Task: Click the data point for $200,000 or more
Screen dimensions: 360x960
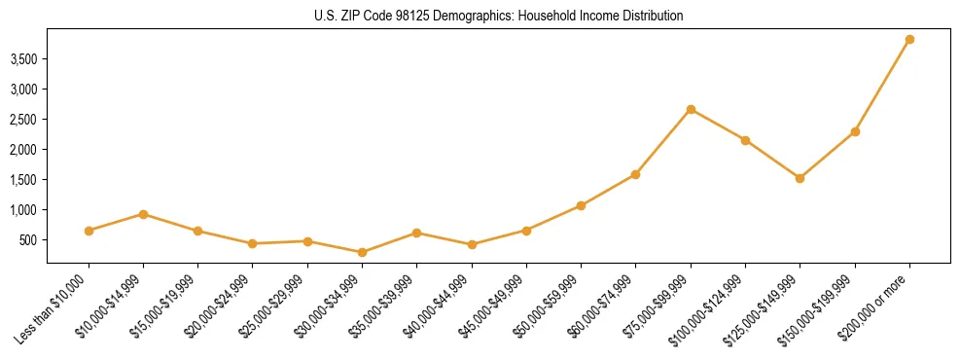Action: tap(909, 40)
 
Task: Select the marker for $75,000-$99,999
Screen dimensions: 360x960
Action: tap(691, 109)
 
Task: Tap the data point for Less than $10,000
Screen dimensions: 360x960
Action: tap(89, 231)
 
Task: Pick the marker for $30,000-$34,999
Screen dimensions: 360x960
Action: tap(362, 252)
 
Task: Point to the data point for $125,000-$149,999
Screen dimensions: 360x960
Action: tap(800, 178)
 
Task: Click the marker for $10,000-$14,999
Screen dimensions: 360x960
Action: tap(143, 214)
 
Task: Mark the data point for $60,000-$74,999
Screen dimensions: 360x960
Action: tap(635, 174)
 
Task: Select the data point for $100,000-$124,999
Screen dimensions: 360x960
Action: tap(745, 140)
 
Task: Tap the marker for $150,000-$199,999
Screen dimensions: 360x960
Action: tap(855, 131)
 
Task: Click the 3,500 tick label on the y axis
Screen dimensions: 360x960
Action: tap(23, 59)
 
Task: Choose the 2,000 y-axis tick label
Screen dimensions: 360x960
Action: tap(23, 150)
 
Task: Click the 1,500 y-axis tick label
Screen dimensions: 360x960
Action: tap(23, 180)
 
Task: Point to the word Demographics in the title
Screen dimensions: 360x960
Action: tap(469, 17)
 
